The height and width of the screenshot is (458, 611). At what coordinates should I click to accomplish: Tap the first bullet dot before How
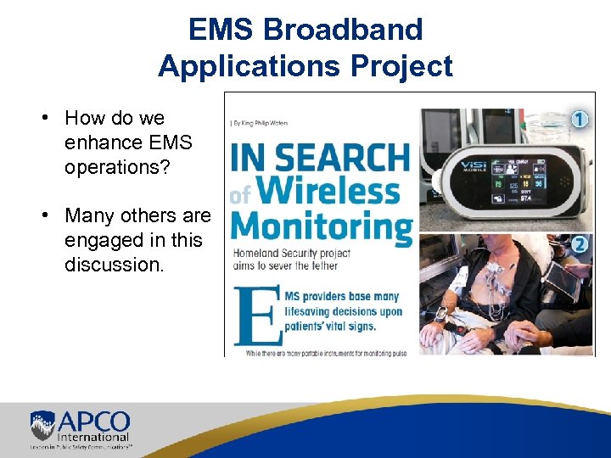[x=48, y=119]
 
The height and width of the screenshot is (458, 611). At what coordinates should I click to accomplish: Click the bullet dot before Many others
[x=48, y=216]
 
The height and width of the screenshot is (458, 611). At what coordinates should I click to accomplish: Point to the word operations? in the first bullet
[x=117, y=167]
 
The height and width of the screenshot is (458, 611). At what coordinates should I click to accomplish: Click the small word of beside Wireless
[x=240, y=196]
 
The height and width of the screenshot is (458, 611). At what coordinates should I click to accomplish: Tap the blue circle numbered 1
[x=579, y=120]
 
